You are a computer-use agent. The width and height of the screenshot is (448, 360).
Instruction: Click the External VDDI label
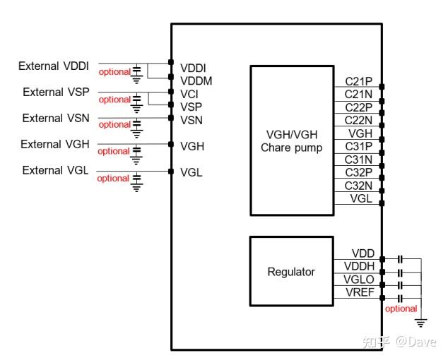54,66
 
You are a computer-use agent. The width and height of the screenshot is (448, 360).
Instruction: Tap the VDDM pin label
196,81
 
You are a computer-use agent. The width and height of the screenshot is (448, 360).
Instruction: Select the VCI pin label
189,94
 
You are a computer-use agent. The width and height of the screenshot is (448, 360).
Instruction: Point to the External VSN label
56,118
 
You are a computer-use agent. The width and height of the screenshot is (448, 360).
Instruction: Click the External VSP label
56,92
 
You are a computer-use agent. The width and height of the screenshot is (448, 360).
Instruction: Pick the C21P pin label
358,82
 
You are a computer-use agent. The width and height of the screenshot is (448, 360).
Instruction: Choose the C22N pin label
358,120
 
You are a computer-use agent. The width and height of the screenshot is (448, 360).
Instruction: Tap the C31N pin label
358,160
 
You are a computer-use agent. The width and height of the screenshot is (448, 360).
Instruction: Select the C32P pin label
358,172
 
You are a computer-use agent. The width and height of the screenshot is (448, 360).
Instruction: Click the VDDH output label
359,266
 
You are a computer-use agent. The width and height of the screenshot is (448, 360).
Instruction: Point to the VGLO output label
359,280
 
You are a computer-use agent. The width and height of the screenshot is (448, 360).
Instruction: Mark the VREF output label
360,292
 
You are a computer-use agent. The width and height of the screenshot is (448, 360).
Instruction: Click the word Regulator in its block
291,272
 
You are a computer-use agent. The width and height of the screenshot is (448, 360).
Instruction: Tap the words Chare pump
291,148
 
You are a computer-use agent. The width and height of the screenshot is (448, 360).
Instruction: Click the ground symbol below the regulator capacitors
421,323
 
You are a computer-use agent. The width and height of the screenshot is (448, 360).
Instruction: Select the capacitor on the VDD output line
400,259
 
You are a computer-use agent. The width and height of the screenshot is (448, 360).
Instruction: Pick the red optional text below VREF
401,308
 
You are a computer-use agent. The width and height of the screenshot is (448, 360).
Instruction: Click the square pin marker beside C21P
382,87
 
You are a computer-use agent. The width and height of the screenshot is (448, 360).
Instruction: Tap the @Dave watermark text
415,342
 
